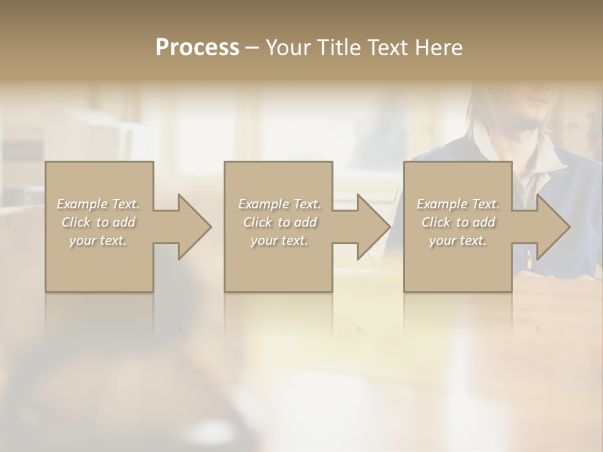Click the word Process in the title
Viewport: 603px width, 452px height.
[197, 48]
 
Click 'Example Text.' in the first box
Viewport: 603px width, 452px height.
[99, 204]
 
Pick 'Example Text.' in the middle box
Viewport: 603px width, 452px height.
[280, 204]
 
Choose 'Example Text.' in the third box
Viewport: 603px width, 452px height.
[458, 204]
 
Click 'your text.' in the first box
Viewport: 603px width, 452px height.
[98, 240]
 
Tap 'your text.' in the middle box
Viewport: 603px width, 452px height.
[279, 240]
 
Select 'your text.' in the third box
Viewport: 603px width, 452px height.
[457, 240]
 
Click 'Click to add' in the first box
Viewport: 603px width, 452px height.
[99, 222]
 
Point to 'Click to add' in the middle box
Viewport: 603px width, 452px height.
[280, 222]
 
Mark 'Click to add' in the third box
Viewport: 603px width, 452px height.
[458, 222]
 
